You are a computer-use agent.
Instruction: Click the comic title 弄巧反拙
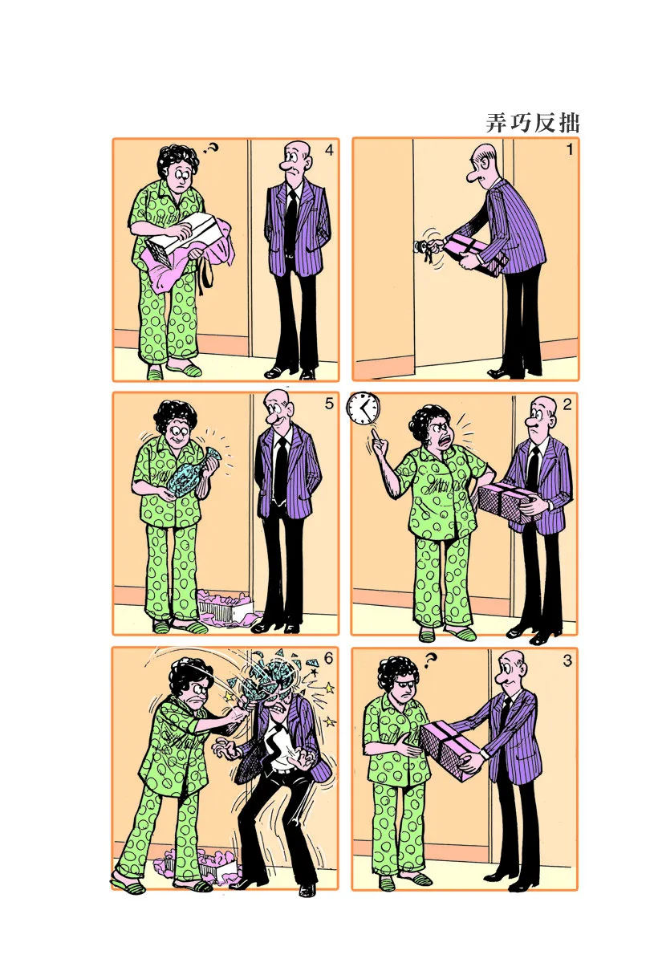(x=533, y=123)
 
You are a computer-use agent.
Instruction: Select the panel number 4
(x=329, y=150)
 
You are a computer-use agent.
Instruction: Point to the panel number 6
(x=328, y=658)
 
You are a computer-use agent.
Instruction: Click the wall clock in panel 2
(x=364, y=408)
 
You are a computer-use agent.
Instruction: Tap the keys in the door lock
(x=424, y=250)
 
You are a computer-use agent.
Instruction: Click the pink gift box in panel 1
(x=475, y=255)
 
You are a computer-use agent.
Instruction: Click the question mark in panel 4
(x=211, y=148)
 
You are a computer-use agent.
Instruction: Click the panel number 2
(x=567, y=404)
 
